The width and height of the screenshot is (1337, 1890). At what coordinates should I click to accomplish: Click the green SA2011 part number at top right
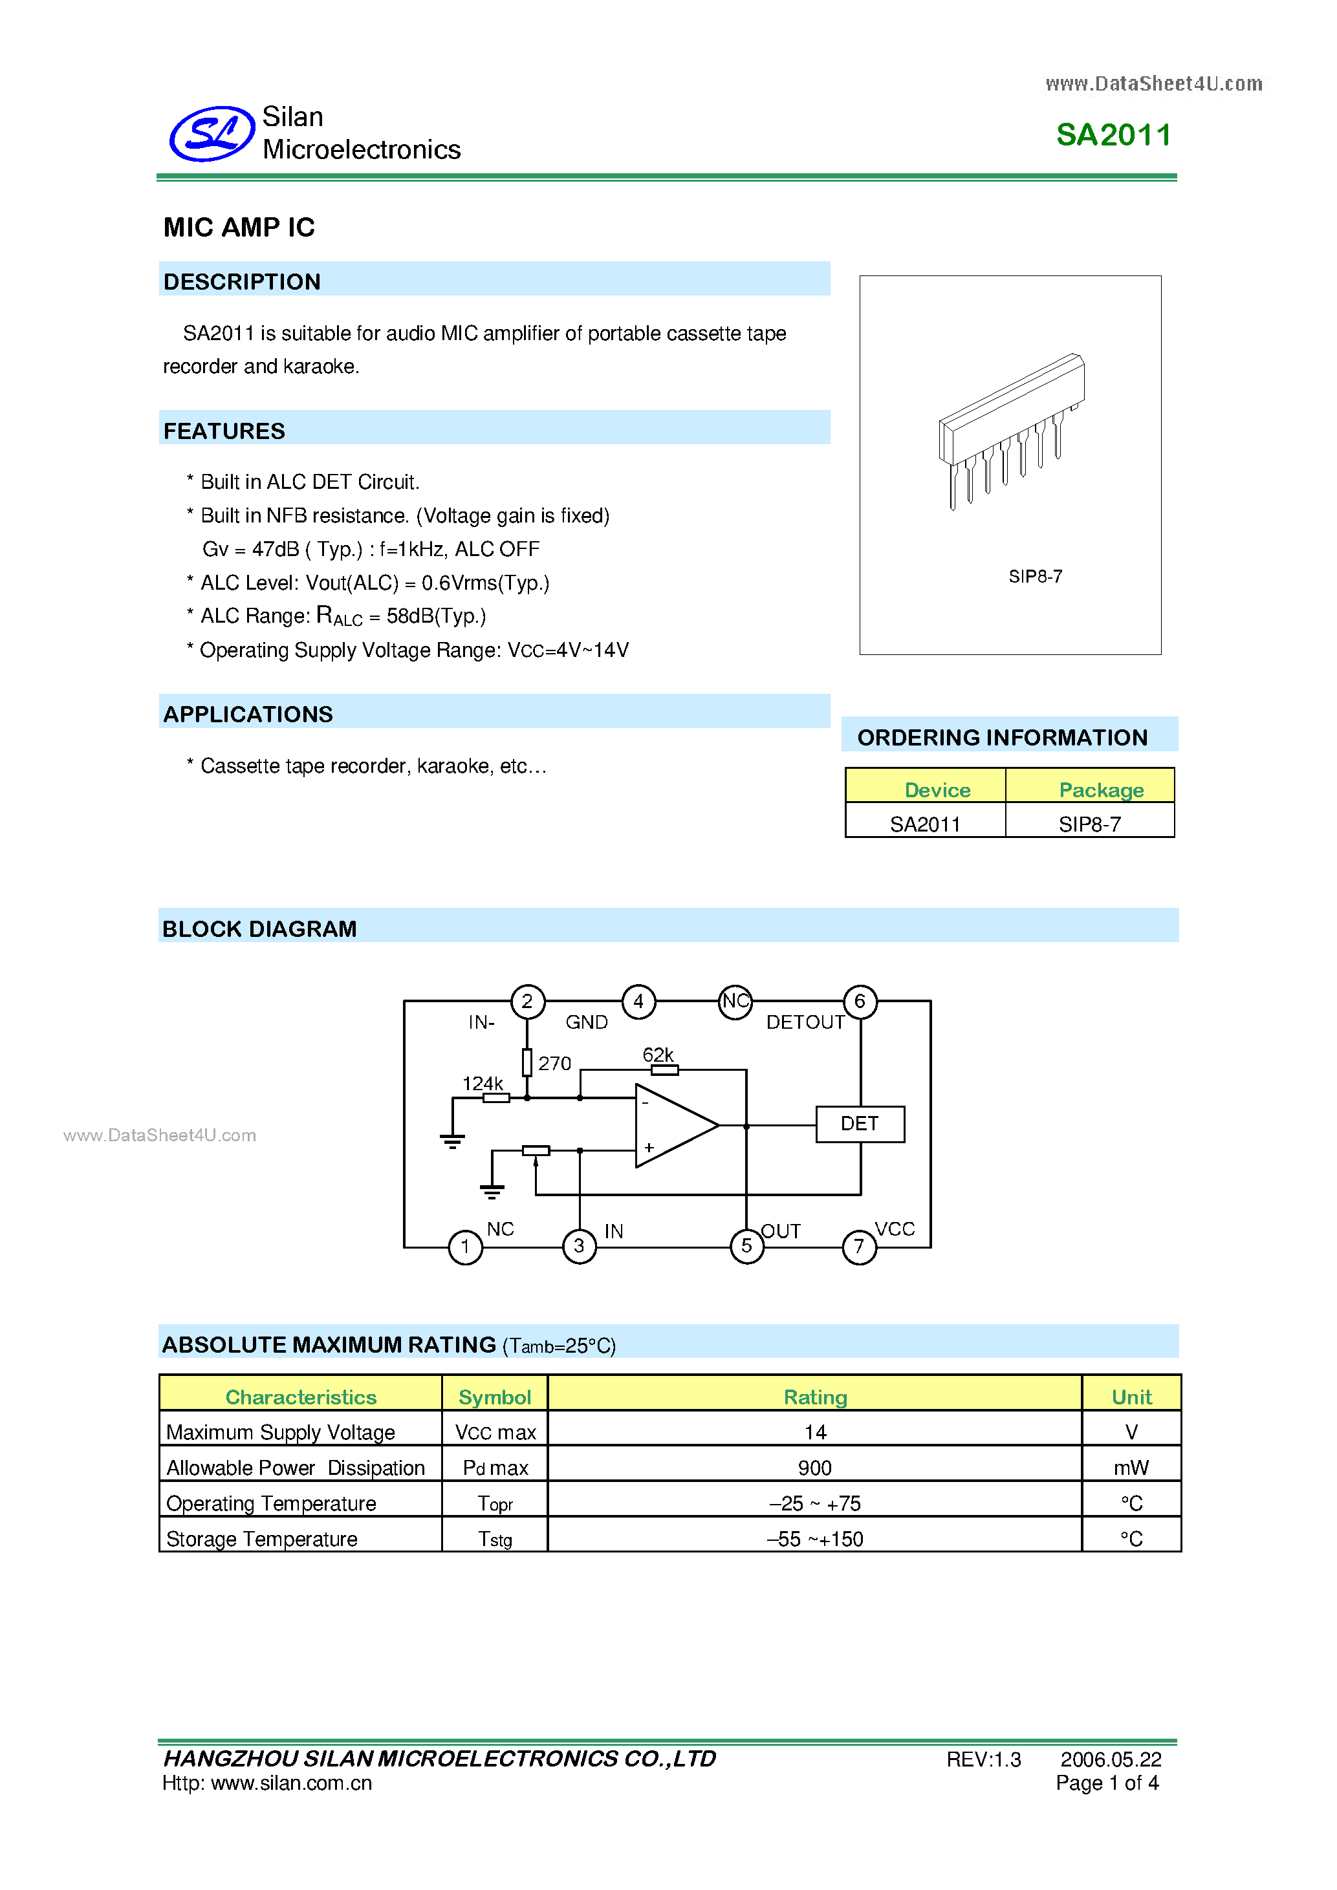(1113, 135)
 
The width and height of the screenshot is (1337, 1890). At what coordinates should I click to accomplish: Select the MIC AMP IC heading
(239, 227)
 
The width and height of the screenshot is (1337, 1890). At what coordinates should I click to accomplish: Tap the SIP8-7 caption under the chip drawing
(1035, 576)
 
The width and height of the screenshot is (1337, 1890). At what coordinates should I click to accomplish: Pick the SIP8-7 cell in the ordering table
(1089, 824)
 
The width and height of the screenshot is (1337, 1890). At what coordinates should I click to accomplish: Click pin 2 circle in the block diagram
(528, 1002)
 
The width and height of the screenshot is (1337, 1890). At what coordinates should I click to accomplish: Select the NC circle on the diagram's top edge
(735, 1002)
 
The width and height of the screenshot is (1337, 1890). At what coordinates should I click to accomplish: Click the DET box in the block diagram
(860, 1124)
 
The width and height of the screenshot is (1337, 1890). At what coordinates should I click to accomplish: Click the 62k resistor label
(658, 1055)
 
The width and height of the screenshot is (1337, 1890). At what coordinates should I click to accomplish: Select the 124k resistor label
(483, 1083)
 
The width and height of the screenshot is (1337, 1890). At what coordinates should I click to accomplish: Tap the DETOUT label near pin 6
(805, 1022)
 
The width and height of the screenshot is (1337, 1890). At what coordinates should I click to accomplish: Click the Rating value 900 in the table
(814, 1468)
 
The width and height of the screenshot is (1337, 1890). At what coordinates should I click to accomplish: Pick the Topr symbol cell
(495, 1504)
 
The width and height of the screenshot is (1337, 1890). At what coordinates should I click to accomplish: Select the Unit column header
(1131, 1397)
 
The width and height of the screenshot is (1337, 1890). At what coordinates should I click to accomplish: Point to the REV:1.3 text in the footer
(983, 1759)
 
